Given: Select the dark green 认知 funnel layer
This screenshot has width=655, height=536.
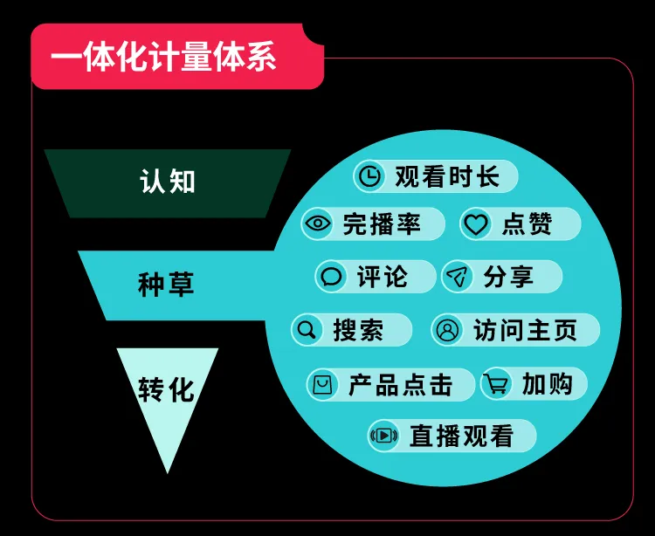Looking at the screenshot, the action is pyautogui.click(x=168, y=182).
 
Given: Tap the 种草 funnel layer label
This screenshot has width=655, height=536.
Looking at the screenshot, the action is pyautogui.click(x=166, y=285).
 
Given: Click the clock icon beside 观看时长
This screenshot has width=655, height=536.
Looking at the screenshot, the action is pyautogui.click(x=371, y=176).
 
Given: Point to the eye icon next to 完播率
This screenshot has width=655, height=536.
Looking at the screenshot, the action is pyautogui.click(x=318, y=224).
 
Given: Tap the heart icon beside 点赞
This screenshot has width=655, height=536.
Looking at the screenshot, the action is pyautogui.click(x=476, y=224).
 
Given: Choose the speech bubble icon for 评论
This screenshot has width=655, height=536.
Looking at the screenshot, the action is pyautogui.click(x=332, y=278).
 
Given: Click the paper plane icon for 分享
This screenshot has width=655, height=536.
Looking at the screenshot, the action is pyautogui.click(x=458, y=278).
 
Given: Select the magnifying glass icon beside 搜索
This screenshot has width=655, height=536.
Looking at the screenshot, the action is pyautogui.click(x=307, y=330).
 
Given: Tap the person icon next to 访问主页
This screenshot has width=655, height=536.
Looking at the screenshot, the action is pyautogui.click(x=448, y=330).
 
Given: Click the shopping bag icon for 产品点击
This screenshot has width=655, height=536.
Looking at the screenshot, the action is pyautogui.click(x=323, y=384).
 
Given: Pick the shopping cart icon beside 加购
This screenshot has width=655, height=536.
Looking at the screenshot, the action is pyautogui.click(x=497, y=384).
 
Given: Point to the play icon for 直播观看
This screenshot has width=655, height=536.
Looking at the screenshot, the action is pyautogui.click(x=384, y=435).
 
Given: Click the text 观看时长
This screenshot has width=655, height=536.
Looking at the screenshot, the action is pyautogui.click(x=447, y=176).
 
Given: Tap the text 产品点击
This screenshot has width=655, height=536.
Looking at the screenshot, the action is pyautogui.click(x=401, y=384).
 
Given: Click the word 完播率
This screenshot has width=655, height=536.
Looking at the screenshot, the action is pyautogui.click(x=382, y=224).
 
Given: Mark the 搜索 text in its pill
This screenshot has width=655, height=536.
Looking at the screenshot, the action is pyautogui.click(x=358, y=330).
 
